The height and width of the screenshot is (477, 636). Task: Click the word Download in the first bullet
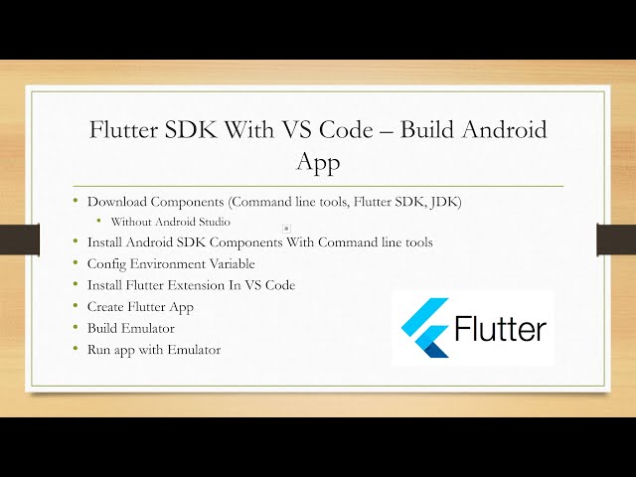click(x=115, y=202)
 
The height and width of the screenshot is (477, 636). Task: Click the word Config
click(x=104, y=263)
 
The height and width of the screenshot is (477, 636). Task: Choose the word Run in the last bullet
click(x=99, y=350)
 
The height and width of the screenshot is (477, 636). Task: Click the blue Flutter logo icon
click(x=423, y=329)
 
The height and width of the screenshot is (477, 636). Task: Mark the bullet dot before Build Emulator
click(x=76, y=328)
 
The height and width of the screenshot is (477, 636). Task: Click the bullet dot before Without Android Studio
click(x=100, y=222)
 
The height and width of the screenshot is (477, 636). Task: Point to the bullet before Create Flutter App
click(x=76, y=306)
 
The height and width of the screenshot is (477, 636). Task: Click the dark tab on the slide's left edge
click(x=19, y=238)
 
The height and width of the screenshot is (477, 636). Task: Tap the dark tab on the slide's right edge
click(x=616, y=239)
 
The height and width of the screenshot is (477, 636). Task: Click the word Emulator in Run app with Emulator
click(x=193, y=350)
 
